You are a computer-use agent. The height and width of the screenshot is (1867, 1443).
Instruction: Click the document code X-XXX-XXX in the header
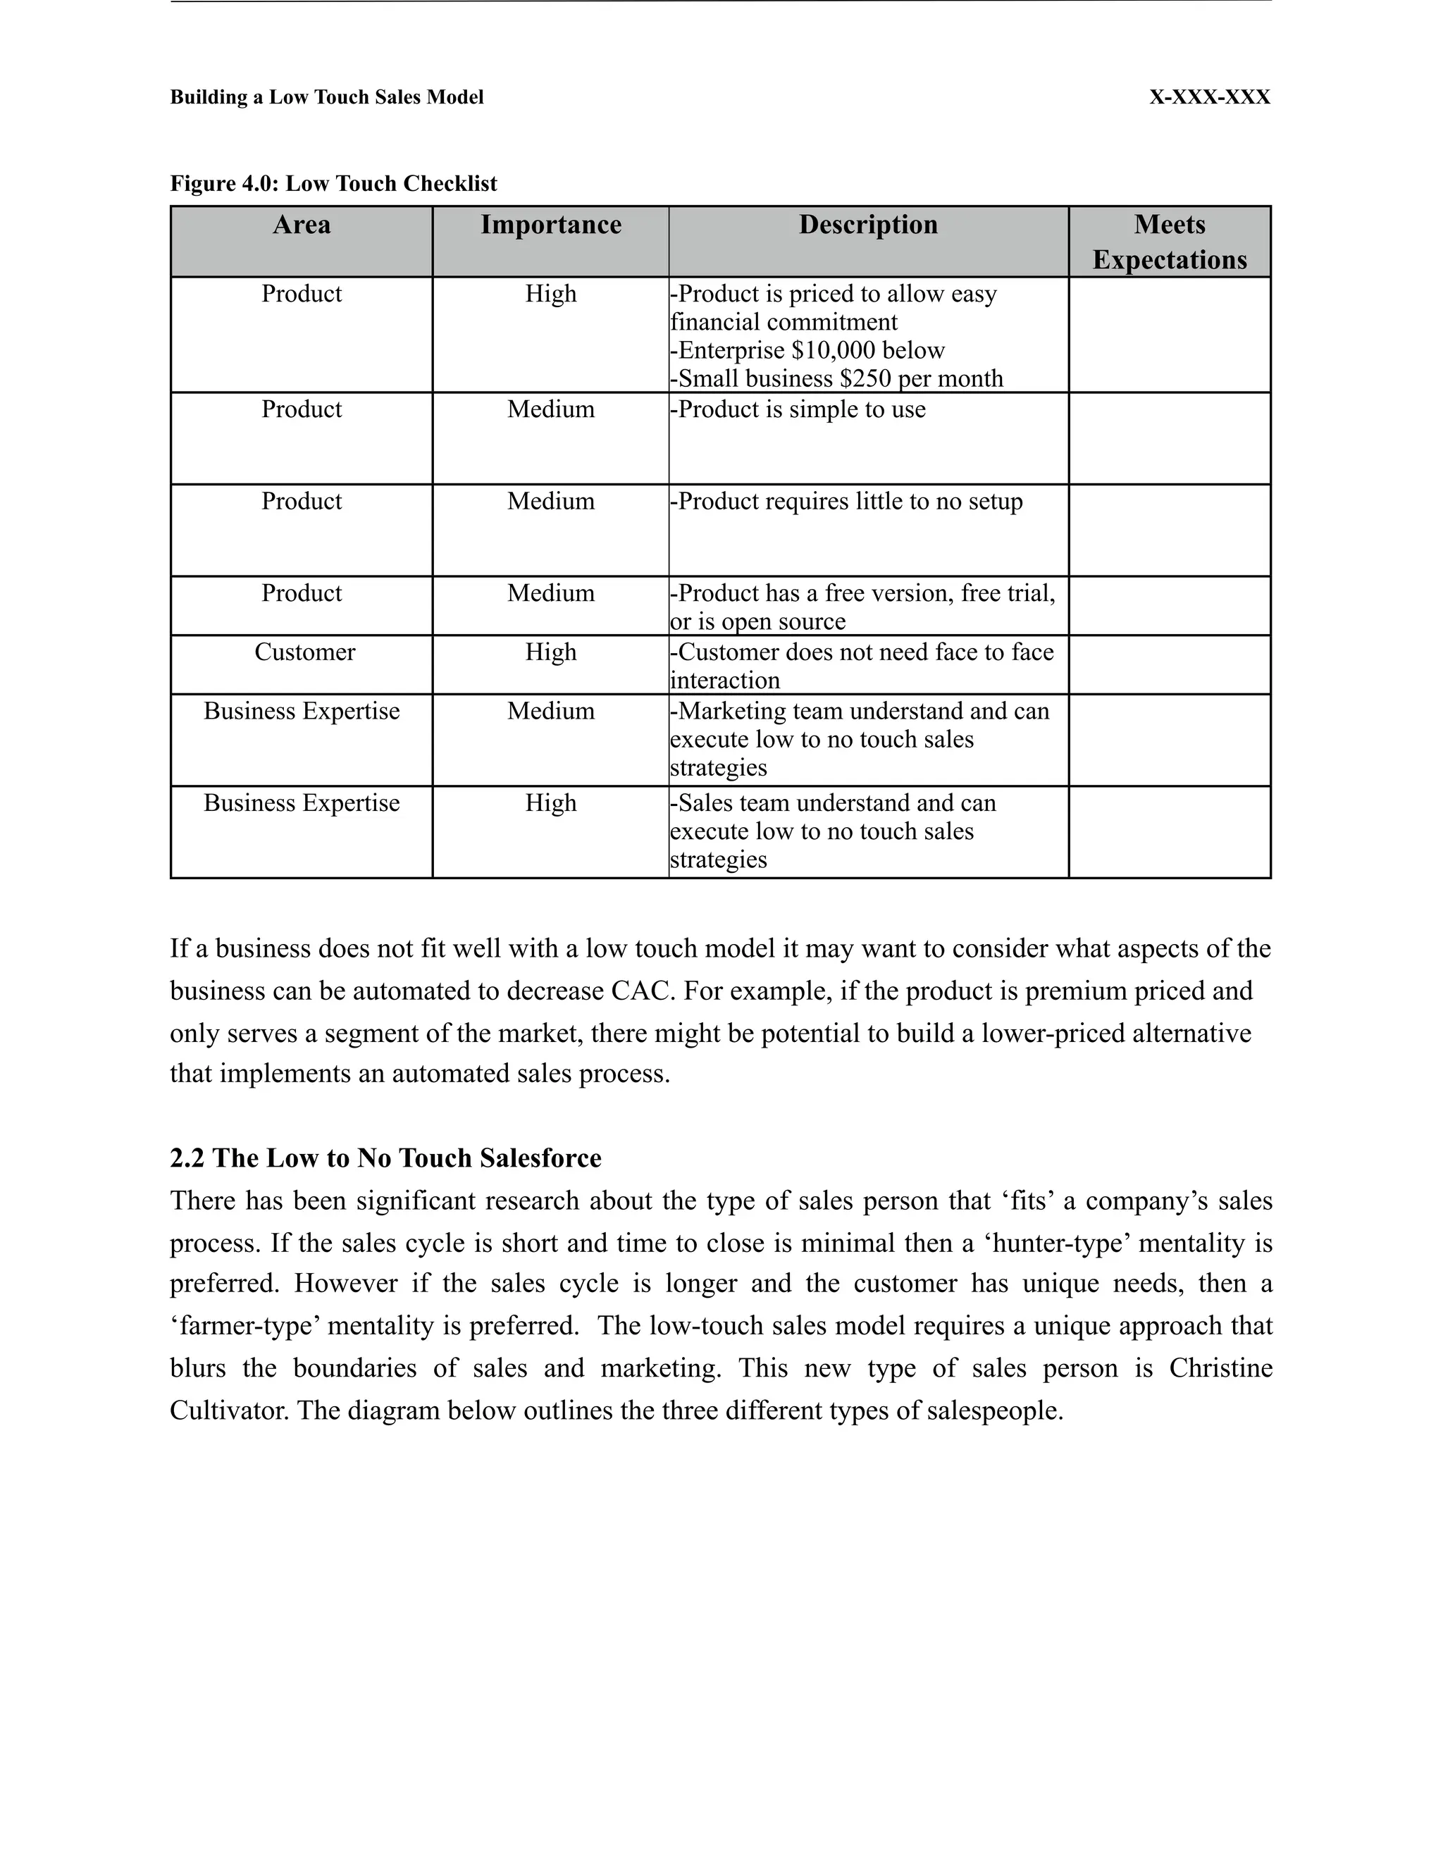pos(1209,97)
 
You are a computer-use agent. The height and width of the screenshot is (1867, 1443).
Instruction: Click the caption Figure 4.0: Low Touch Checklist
pos(333,184)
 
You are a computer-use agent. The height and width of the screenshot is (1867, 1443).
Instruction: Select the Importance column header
pos(550,225)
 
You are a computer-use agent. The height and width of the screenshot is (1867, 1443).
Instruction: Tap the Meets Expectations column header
pos(1169,242)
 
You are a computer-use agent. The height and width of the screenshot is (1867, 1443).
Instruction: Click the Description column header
pos(867,225)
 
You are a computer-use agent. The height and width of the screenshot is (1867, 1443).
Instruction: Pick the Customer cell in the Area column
pos(304,652)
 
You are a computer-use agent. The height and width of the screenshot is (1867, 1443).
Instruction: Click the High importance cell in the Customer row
pos(550,652)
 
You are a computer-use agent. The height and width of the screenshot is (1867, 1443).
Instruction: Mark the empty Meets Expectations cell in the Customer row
pos(1169,665)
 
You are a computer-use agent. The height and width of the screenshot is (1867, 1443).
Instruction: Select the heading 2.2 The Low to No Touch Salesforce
pos(385,1158)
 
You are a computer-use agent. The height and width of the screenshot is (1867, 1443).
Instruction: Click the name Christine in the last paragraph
pos(1220,1367)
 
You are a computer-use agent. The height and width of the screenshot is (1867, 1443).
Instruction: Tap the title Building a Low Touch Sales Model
pos(326,97)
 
